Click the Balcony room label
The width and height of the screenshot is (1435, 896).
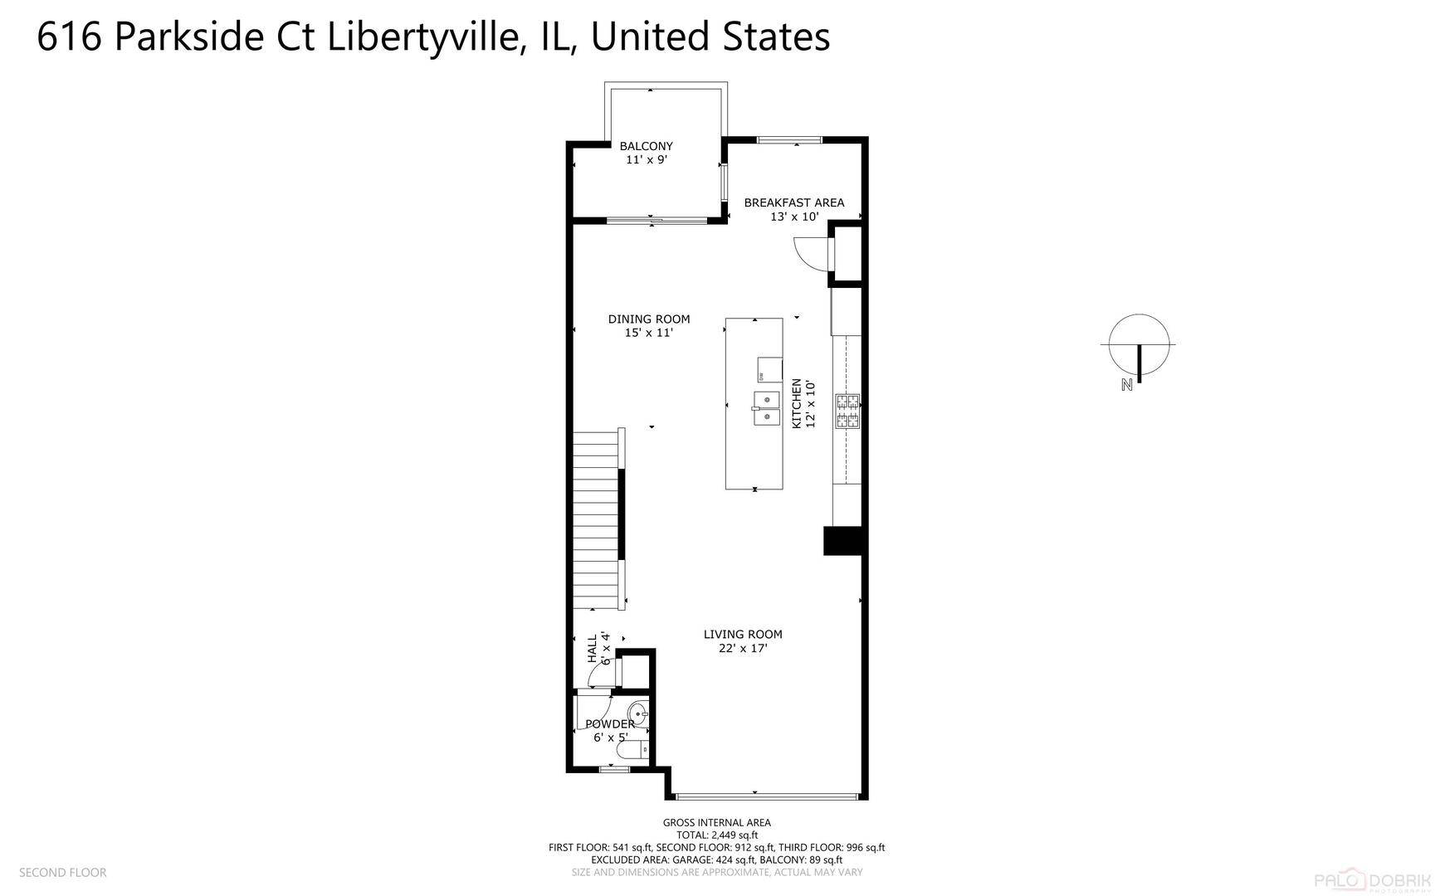point(647,153)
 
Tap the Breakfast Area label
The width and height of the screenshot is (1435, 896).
point(794,209)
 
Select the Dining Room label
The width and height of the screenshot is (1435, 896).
point(649,325)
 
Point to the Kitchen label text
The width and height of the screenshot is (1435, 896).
point(803,403)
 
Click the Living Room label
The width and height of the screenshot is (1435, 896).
point(743,640)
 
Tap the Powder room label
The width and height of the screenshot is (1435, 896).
point(610,730)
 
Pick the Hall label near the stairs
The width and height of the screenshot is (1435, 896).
point(599,648)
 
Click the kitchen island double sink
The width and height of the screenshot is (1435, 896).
point(767,408)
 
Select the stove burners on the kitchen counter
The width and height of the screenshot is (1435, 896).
point(847,411)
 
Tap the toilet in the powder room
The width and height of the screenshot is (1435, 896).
point(632,750)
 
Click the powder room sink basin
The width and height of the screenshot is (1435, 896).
point(638,713)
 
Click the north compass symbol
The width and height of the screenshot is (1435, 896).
point(1139,348)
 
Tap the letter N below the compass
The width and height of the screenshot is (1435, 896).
point(1127,384)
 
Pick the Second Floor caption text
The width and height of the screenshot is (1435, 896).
point(63,872)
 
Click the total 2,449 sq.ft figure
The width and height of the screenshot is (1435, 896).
point(718,835)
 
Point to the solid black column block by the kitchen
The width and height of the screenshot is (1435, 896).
point(845,540)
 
